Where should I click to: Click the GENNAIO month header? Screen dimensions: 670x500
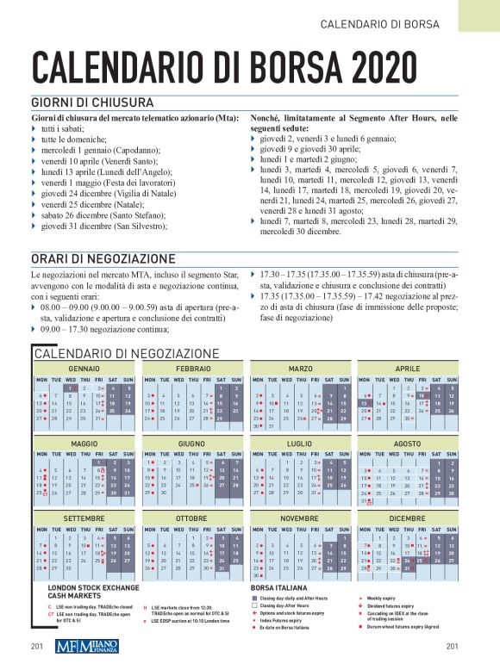point(84,369)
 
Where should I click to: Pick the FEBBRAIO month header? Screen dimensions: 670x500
point(192,369)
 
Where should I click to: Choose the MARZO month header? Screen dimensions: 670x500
point(300,369)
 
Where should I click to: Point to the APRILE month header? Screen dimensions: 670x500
point(408,369)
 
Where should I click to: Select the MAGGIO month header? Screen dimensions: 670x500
point(84,444)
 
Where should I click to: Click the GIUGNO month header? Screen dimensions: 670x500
point(192,444)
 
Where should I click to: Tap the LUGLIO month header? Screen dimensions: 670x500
point(300,444)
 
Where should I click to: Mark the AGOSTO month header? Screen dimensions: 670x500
point(408,444)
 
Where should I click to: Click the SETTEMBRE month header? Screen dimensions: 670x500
point(84,518)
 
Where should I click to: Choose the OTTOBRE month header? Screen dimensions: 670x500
point(192,518)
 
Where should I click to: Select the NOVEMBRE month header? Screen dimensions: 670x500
point(300,518)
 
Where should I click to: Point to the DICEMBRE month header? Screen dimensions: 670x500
point(408,518)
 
